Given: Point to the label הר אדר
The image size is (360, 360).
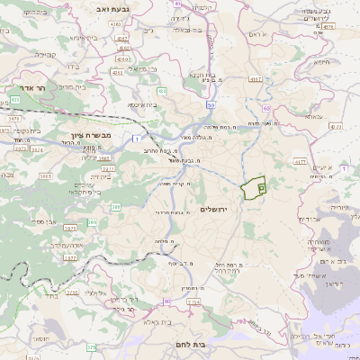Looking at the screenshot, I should coord(32,90).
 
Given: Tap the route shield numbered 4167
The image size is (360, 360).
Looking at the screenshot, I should coord(256,78).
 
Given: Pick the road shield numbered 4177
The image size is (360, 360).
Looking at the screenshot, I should coord(300,162).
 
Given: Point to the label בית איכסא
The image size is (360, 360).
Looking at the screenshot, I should coord(143,105).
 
